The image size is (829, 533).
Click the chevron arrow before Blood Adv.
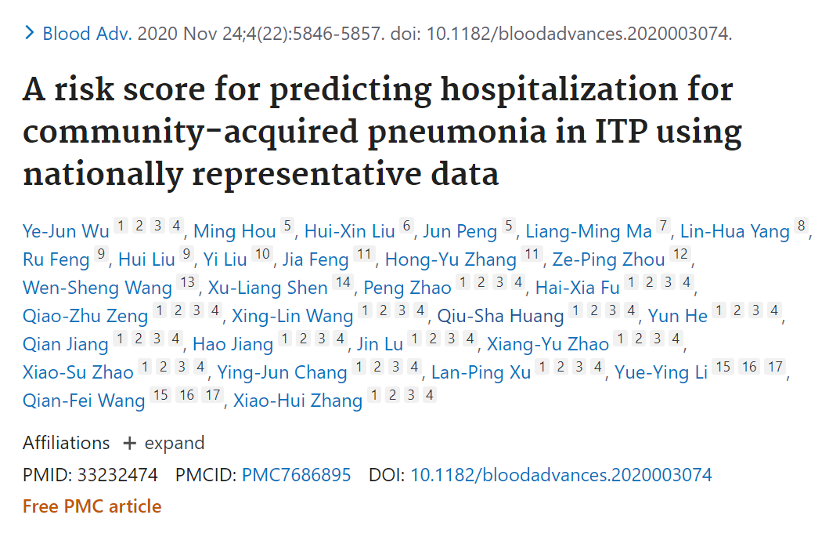tap(30, 33)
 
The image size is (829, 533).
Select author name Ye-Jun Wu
tap(66, 231)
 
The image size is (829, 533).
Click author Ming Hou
tap(234, 231)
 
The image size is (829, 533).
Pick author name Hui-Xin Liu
tap(349, 231)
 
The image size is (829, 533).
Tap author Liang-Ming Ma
tap(589, 231)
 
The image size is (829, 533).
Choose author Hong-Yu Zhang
tap(451, 259)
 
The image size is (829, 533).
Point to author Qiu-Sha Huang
tap(500, 316)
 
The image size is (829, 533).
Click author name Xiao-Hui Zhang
tap(297, 401)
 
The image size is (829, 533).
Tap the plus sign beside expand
tap(129, 444)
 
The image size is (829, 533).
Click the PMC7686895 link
tap(297, 475)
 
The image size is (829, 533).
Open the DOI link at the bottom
tap(561, 475)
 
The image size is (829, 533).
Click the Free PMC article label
tap(92, 506)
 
